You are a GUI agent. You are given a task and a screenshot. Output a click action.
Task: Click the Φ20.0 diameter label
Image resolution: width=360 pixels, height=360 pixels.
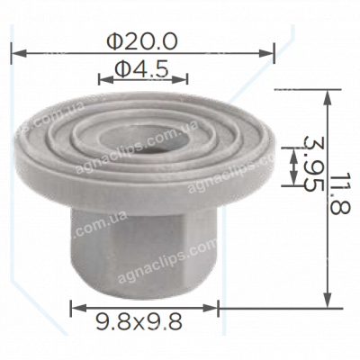pos(142,40)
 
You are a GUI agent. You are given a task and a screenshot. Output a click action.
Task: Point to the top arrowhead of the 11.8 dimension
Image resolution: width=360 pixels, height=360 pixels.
pos(326,92)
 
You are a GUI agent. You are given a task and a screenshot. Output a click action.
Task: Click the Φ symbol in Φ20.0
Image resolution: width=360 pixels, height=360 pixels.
pos(113,40)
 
